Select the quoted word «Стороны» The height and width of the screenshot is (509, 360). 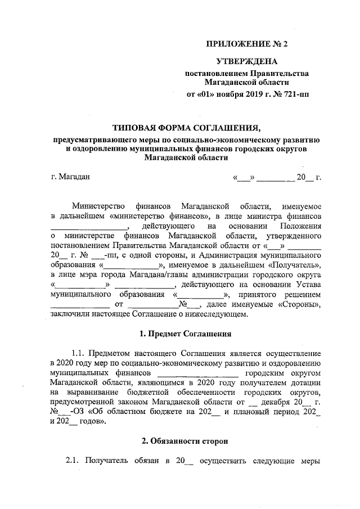click(299, 305)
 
